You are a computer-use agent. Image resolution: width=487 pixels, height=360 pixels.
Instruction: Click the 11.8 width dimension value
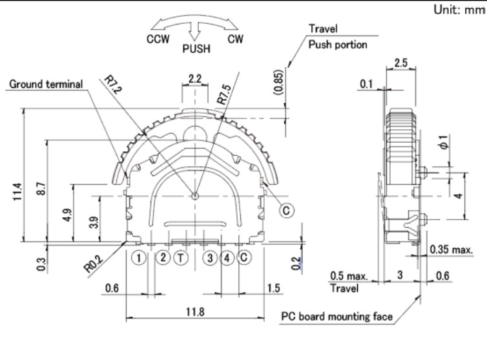195,311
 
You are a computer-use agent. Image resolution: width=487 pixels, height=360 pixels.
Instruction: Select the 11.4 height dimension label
17,192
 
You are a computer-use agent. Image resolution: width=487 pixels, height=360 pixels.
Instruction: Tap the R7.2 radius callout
112,84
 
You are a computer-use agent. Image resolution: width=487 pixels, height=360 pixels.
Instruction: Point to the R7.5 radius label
224,94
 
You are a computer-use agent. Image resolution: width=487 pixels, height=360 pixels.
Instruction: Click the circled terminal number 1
138,258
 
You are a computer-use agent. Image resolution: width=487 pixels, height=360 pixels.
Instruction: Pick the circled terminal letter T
181,258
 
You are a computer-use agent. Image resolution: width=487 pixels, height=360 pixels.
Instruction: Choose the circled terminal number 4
227,258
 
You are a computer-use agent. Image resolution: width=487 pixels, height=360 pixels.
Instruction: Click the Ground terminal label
46,84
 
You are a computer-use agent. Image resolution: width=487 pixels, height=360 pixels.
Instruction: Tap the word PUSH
196,49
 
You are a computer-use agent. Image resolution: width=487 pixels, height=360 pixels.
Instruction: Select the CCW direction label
158,39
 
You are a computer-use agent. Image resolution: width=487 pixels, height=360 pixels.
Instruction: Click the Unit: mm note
459,10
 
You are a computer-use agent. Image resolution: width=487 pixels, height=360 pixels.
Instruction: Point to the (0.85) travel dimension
278,82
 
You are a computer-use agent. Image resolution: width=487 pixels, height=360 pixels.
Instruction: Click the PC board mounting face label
337,317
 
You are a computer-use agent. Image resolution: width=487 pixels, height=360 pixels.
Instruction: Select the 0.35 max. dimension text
451,249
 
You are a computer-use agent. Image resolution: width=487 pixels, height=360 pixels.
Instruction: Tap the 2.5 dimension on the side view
400,63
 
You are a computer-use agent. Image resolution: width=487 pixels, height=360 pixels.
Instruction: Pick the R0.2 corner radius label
94,264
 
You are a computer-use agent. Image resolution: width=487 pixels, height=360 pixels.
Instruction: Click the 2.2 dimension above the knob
195,79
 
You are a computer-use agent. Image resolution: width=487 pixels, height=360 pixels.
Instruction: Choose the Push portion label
338,45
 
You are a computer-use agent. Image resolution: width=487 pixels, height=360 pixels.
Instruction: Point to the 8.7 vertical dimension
41,189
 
